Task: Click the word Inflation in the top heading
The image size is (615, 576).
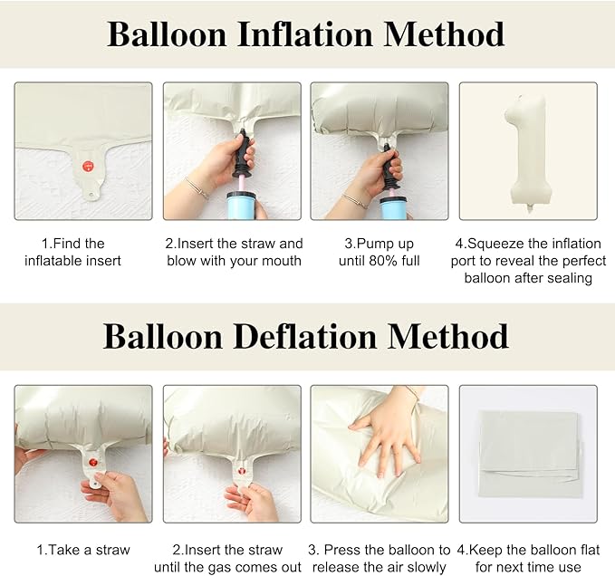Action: (x=304, y=34)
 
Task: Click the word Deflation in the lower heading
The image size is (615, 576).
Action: (x=304, y=336)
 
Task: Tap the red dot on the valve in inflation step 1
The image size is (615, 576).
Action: (x=89, y=166)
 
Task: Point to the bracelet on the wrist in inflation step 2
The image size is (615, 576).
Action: (x=197, y=188)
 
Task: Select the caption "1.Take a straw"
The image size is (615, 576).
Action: (x=83, y=550)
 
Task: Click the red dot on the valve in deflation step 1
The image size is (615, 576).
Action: (x=93, y=463)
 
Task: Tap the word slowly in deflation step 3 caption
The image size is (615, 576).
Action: (x=427, y=567)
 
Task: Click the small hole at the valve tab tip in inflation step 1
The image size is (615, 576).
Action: (x=91, y=194)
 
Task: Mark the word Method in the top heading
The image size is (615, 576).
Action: (x=444, y=34)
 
